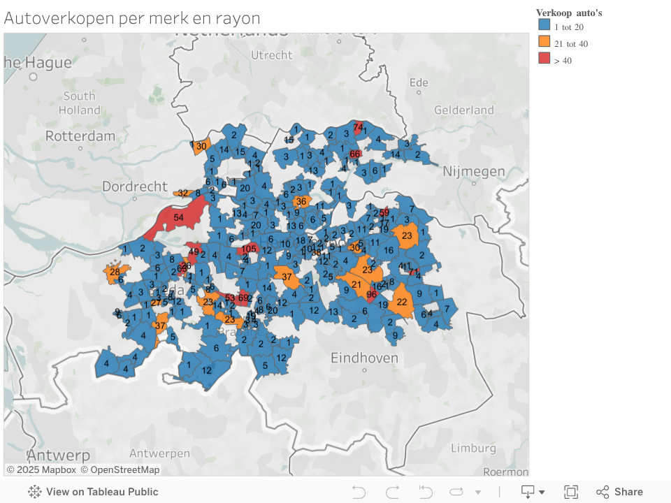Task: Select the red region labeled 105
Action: [249, 249]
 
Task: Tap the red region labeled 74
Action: [358, 127]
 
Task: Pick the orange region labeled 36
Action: [301, 202]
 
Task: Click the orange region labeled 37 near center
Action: [286, 276]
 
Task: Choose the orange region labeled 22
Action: [401, 302]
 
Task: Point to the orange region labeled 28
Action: [114, 272]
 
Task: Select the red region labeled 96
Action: [371, 294]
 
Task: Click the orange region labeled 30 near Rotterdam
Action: [201, 146]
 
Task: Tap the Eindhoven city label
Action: [364, 358]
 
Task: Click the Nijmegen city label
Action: [475, 171]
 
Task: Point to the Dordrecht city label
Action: [134, 187]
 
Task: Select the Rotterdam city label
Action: [80, 136]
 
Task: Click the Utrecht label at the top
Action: [271, 54]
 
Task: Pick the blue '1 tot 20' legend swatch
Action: [544, 26]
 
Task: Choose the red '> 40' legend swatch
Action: [544, 59]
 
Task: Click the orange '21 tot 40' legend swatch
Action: [544, 43]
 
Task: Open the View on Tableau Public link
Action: [94, 492]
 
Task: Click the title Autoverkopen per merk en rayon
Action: [132, 18]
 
